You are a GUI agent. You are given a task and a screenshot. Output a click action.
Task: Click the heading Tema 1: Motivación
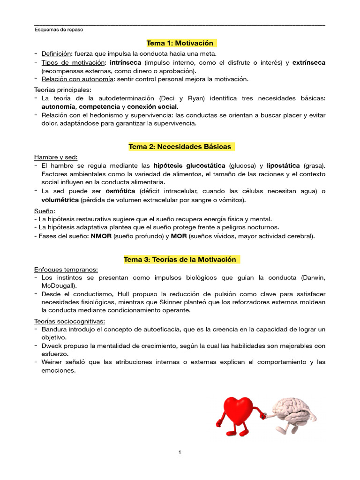point(180,43)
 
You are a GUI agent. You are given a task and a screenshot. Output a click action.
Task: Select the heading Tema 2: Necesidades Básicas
point(180,147)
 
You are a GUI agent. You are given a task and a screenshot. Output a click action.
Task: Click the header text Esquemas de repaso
point(59,30)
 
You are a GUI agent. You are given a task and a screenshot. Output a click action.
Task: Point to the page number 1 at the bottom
point(180,452)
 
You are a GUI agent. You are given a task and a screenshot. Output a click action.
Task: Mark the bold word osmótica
point(120,191)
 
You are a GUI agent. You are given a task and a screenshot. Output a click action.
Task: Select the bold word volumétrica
point(60,200)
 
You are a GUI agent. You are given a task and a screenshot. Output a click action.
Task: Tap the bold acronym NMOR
point(101,236)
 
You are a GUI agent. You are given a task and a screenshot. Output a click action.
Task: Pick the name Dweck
point(51,345)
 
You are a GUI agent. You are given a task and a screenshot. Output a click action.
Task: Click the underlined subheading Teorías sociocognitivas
point(69,321)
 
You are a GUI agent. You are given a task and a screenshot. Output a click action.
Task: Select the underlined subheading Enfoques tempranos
point(66,269)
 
